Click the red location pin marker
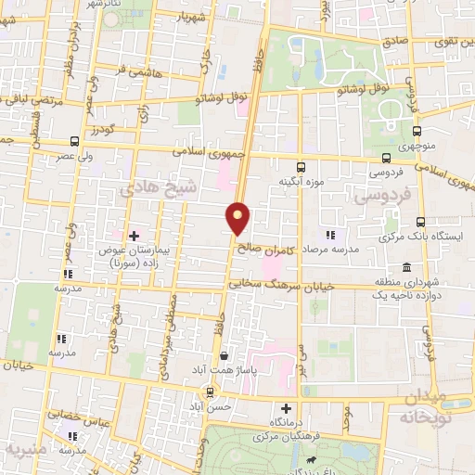pos(239,218)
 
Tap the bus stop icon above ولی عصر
pos(74,141)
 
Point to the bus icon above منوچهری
pos(417,131)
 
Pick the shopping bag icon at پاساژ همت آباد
pos(223,355)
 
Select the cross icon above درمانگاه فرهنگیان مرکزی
pos(285,408)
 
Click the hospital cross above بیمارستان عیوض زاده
pos(135,236)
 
